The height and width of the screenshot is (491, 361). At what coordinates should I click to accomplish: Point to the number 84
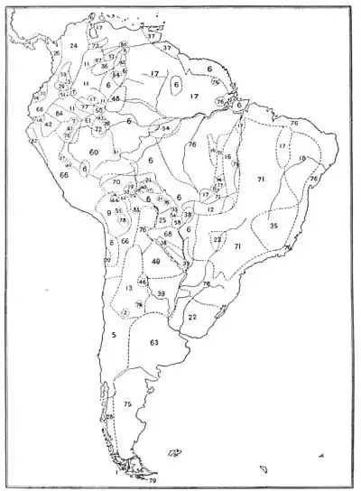point(59,114)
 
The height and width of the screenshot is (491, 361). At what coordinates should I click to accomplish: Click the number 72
point(98,129)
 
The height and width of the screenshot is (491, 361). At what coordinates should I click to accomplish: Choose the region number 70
point(116,182)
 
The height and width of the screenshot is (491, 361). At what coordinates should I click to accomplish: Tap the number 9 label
point(108,213)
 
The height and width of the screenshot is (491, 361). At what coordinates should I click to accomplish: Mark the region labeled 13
point(130,288)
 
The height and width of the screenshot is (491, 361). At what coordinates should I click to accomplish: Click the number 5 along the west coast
point(115,335)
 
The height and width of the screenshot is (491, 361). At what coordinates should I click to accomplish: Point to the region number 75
point(127,405)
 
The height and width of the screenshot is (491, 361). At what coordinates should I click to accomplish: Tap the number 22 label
point(193,317)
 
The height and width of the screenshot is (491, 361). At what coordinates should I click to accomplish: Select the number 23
point(218,239)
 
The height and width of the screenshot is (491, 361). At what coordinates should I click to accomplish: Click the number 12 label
point(209,208)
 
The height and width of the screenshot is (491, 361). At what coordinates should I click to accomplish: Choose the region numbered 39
point(161,294)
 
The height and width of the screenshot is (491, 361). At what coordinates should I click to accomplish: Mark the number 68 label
point(168,234)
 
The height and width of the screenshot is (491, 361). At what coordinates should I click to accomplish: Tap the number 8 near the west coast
point(111,242)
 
